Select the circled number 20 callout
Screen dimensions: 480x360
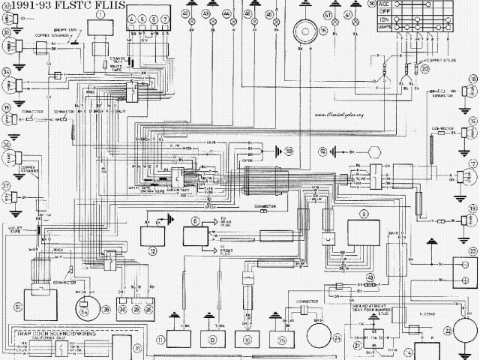(x=424, y=68)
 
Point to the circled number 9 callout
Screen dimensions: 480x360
(x=364, y=214)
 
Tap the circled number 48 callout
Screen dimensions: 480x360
(x=370, y=279)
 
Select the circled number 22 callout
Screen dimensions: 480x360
(x=450, y=329)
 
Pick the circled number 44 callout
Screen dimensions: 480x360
(x=227, y=14)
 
